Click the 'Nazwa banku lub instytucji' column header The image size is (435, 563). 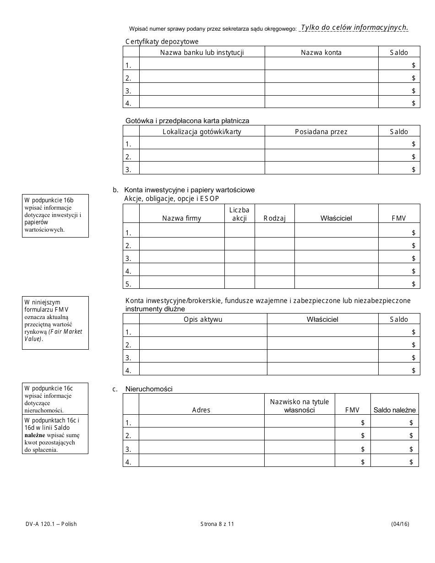click(201, 53)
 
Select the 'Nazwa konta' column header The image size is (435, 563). click(321, 53)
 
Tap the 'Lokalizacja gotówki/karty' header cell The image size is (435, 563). click(201, 132)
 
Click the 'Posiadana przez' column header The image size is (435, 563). click(321, 132)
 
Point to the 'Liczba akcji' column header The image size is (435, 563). click(239, 214)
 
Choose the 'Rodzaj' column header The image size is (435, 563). click(274, 218)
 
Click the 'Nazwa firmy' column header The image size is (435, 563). click(181, 218)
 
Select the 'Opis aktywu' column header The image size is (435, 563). click(203, 319)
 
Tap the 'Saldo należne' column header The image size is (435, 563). click(394, 410)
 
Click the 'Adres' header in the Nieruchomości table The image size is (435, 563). click(201, 410)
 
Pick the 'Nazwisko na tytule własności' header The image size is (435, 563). click(299, 406)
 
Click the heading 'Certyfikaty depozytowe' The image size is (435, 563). click(162, 42)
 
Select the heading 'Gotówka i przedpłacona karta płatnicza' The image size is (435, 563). click(187, 121)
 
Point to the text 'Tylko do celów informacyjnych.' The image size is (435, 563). click(354, 27)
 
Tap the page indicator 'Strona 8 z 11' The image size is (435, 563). click(217, 524)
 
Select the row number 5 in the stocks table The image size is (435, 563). click(128, 284)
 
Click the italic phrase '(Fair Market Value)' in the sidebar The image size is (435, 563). click(53, 335)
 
